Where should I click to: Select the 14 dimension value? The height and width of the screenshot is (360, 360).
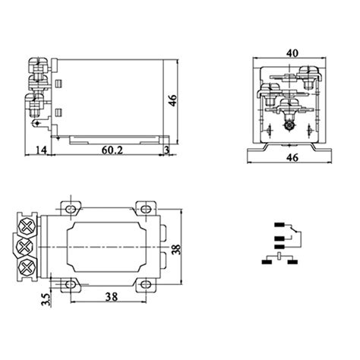(x=41, y=151)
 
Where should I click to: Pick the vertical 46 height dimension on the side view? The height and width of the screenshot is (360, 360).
(x=173, y=100)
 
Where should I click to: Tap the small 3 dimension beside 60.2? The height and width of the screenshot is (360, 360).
(x=166, y=151)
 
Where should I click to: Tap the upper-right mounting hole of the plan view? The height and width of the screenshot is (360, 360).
(x=144, y=207)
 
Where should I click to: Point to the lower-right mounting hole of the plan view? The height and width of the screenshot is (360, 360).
(x=144, y=285)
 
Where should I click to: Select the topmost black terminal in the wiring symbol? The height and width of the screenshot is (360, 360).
(x=279, y=226)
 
